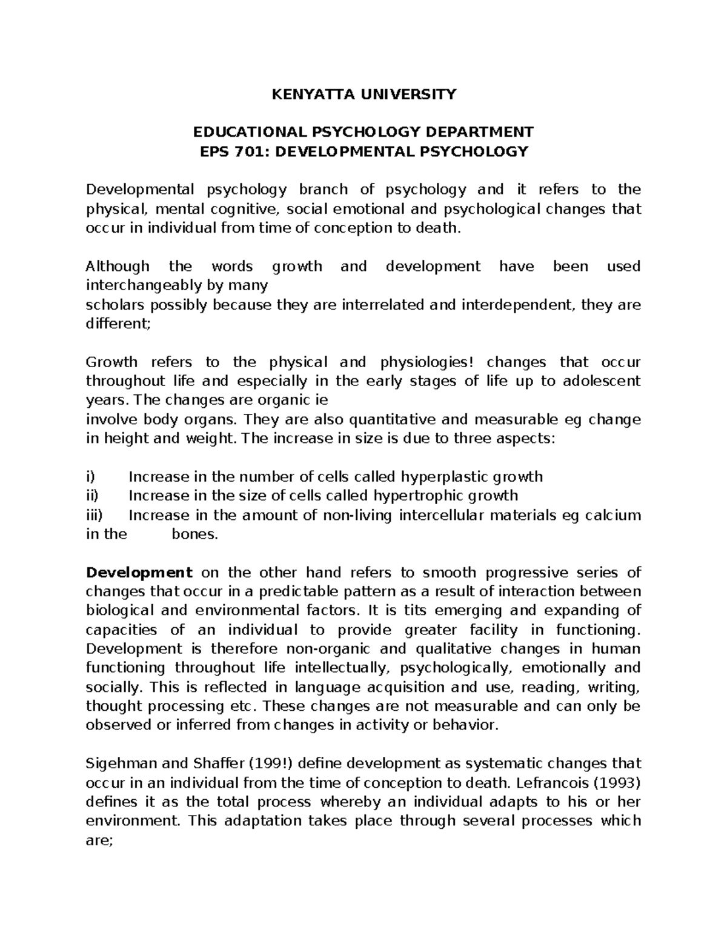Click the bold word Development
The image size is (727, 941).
coord(139,573)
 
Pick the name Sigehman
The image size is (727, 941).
coord(118,763)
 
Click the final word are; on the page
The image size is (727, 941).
coord(99,840)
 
